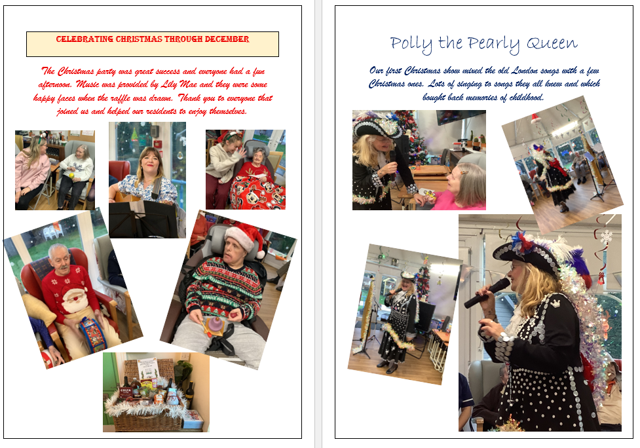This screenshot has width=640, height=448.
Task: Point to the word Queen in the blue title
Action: click(x=552, y=43)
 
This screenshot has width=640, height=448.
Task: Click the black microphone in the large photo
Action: click(x=487, y=293)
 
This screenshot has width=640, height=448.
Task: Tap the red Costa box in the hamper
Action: click(x=126, y=393)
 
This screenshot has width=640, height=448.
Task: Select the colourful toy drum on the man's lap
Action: click(x=92, y=333)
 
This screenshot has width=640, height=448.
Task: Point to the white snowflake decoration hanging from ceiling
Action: click(x=606, y=236)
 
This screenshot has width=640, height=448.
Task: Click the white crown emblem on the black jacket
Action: click(x=555, y=303)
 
